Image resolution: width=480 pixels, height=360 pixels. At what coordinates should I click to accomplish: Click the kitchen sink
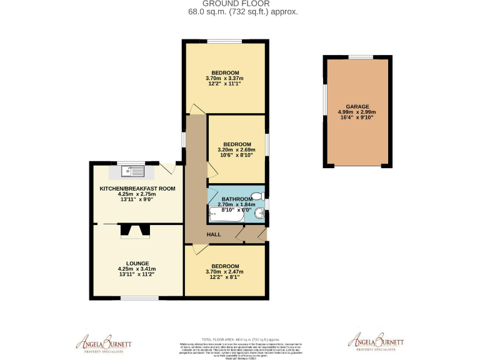point(131,169)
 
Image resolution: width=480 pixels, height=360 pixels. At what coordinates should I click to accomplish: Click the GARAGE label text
point(357,106)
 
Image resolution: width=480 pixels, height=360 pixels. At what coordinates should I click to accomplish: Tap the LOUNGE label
point(136,262)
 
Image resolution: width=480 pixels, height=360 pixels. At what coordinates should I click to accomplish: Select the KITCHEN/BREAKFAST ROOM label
point(137,188)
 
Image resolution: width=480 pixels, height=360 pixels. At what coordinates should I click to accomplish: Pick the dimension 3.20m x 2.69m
point(236,150)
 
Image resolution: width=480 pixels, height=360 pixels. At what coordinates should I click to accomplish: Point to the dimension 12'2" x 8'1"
point(222,278)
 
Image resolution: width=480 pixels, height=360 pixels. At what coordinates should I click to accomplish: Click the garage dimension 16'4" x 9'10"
point(357,118)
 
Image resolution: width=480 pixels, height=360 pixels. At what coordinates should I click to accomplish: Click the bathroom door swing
point(212,194)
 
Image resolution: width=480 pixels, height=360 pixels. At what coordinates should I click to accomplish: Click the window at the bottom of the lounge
point(139,297)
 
